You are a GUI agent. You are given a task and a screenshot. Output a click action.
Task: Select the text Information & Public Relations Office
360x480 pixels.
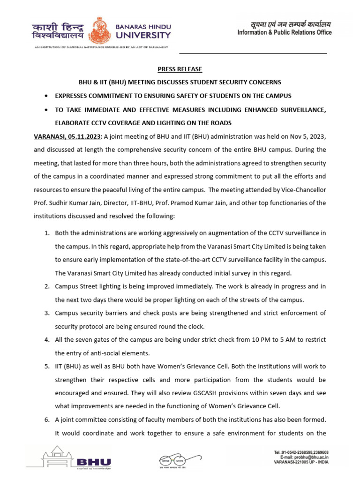tap(284, 32)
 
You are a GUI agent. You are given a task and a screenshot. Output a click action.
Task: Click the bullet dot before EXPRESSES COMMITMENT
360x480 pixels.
tap(45, 96)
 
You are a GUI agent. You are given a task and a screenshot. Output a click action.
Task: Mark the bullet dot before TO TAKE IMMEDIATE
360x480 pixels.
tap(45, 110)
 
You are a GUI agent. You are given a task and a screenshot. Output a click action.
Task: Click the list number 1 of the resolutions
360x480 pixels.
tap(46, 232)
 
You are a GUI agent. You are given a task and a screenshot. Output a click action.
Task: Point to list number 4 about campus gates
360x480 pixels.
tap(46, 339)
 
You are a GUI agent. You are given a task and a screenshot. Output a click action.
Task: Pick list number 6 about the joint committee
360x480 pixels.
tap(46, 420)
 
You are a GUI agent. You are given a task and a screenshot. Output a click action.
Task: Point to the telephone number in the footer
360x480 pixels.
tap(305, 452)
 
